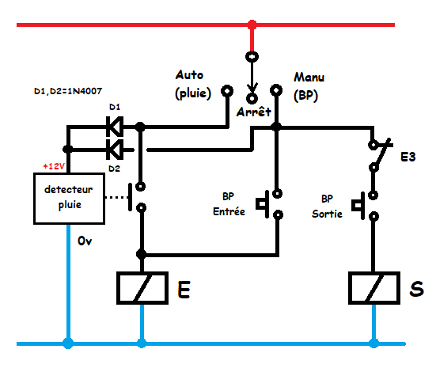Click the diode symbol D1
115,127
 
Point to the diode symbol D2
115,150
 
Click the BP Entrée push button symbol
269,204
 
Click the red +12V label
54,166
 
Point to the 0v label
85,241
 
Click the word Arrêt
253,112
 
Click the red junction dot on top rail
252,25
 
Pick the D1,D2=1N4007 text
68,91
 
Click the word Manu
309,77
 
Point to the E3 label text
408,157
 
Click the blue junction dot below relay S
374,343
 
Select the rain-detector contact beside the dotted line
137,197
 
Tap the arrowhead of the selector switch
252,88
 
